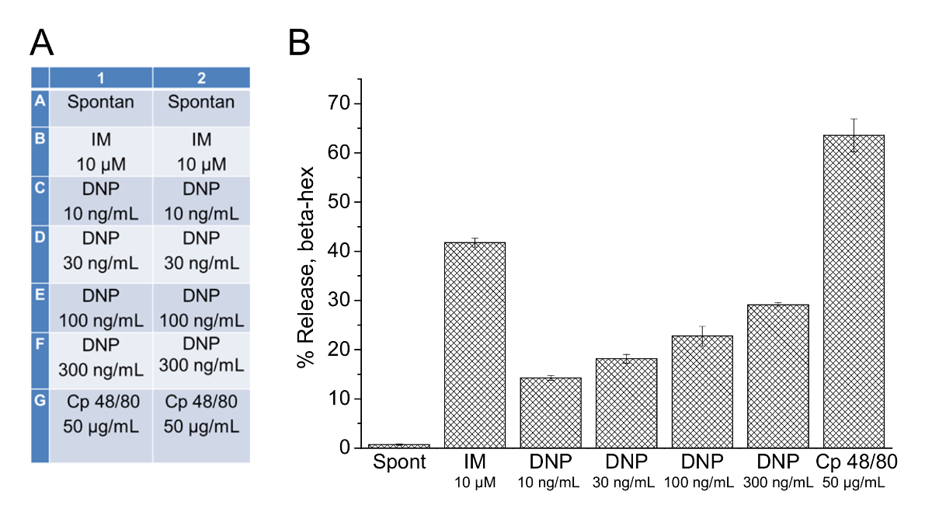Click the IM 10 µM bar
coord(475,345)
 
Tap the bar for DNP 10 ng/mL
coord(550,413)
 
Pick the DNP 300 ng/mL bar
coord(777,376)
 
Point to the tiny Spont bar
coord(398,445)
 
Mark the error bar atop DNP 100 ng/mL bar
coord(701,336)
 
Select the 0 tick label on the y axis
coord(339,448)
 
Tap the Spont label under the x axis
coord(398,463)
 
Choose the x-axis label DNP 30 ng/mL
coord(626,471)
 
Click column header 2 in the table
coord(201,78)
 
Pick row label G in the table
coord(39,402)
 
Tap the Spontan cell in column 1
coord(100,102)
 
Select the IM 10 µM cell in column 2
coord(201,152)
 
